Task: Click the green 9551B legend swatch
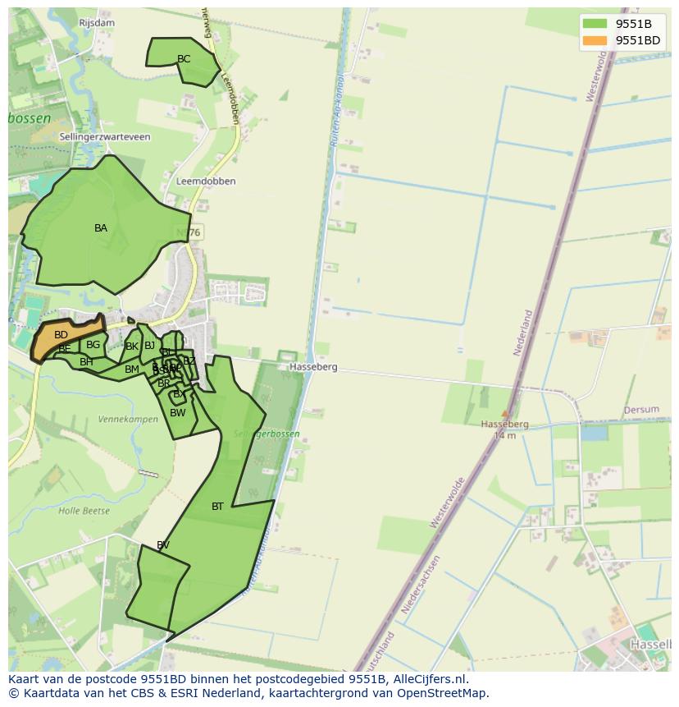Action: point(595,24)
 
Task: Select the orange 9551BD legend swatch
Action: point(595,40)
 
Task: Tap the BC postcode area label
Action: point(184,59)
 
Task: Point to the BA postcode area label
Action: point(101,228)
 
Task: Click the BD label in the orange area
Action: point(61,335)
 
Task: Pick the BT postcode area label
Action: point(217,507)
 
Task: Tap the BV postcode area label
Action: point(163,545)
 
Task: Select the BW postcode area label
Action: point(178,413)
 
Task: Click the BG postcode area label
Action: point(93,345)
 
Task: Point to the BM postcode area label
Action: point(132,370)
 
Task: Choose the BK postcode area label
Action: point(131,347)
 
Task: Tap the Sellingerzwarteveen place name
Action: point(105,137)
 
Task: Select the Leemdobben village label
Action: point(206,181)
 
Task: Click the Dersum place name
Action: point(641,410)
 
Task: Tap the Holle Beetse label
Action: point(84,511)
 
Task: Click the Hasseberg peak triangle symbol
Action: point(505,414)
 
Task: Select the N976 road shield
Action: point(189,233)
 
